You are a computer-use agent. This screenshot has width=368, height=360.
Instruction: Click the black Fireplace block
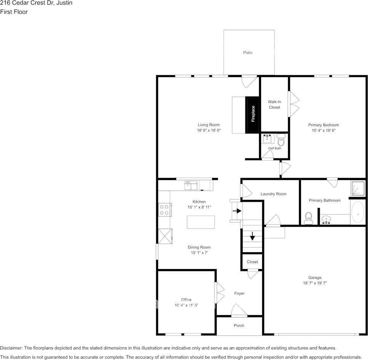pos(252,115)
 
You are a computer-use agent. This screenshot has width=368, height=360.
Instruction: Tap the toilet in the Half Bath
pos(281,140)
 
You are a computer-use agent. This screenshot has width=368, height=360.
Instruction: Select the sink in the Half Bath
pos(267,139)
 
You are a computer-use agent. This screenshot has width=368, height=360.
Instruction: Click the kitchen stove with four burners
pos(165,210)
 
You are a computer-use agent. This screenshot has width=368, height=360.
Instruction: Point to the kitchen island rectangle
pos(201,222)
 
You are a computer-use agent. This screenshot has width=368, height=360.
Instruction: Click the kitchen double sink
pos(191,186)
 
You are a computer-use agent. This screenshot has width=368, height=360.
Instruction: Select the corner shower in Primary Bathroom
pos(358,188)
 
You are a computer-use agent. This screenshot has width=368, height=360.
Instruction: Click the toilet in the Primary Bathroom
pos(309,218)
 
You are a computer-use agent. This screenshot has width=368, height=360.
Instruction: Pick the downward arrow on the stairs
pos(252,236)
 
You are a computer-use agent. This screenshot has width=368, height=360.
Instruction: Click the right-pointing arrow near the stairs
pos(237,211)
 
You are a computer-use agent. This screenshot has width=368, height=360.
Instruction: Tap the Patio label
pos(248,53)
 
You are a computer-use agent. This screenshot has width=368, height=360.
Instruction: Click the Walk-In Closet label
pos(274,105)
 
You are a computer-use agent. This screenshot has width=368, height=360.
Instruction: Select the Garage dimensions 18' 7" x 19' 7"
pos(315,283)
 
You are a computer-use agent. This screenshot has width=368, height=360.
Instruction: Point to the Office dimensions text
pos(186,305)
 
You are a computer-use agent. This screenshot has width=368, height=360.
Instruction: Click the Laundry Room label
pos(274,194)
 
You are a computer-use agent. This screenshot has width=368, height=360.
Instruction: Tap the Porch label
pos(239,325)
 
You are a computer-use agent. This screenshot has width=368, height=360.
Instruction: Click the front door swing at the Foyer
pos(238,310)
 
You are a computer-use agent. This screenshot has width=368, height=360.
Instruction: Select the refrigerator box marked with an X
pos(165,236)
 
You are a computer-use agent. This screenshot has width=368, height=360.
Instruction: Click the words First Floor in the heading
pos(14,12)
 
